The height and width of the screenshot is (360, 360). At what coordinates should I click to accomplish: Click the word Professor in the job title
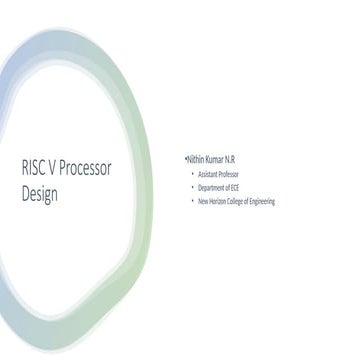(235, 173)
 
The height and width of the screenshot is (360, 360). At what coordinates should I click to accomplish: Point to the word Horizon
(220, 201)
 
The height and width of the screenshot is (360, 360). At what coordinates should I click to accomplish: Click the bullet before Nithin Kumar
(185, 158)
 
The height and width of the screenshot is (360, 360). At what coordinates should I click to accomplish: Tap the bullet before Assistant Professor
(192, 173)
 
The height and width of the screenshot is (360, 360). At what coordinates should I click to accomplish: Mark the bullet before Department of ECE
(192, 187)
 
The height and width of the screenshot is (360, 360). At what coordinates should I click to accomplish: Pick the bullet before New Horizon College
(192, 201)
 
